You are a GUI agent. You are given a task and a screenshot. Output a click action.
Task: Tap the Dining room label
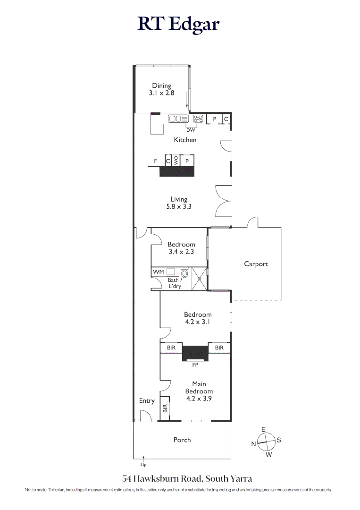(x=161, y=86)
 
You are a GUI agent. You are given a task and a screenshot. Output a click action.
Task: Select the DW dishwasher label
(x=191, y=130)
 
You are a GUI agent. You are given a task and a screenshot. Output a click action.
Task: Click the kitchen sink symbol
(x=178, y=119)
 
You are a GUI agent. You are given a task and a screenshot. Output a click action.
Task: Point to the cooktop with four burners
(x=198, y=119)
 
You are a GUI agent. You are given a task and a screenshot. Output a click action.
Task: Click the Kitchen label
(x=185, y=140)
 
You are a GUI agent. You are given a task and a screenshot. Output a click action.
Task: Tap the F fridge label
(x=155, y=161)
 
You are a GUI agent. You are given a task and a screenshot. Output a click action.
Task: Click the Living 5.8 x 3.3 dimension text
(x=179, y=206)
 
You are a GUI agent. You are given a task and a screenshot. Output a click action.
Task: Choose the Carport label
(x=256, y=264)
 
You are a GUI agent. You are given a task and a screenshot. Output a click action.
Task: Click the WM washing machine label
(x=158, y=272)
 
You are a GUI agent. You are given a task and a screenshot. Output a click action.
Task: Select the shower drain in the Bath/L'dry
(x=200, y=279)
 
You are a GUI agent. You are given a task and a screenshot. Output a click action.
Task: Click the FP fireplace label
(x=195, y=365)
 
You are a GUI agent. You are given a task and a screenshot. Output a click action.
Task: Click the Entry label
(x=147, y=401)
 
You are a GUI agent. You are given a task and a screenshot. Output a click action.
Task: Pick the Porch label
(x=182, y=440)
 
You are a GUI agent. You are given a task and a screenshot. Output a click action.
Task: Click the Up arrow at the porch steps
(x=144, y=458)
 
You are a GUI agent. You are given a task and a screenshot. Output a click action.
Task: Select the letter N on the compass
(x=253, y=444)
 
